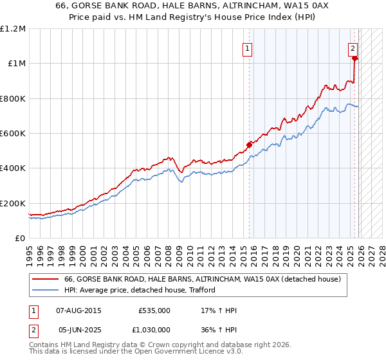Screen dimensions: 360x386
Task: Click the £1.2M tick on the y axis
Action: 12,28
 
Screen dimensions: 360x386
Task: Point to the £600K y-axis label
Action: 12,133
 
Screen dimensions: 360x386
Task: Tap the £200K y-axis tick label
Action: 12,203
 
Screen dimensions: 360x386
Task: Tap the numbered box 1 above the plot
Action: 247,47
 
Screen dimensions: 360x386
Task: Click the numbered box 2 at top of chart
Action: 353,47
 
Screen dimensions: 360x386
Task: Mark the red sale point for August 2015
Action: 249,145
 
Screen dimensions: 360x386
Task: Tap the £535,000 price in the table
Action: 154,310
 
